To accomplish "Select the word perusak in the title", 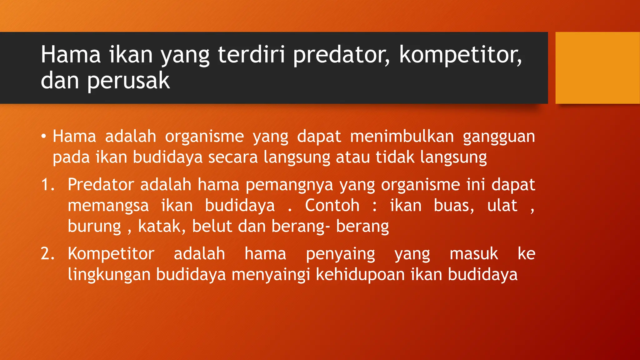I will coord(128,81).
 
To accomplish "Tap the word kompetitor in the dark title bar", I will coord(460,55).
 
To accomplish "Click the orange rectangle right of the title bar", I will coord(597,68).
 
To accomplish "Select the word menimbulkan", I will coord(402,137).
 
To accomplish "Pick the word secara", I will coord(233,157).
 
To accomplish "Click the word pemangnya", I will coord(289,185).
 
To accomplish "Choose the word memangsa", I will coord(108,206).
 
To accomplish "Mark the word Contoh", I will coord(332,206).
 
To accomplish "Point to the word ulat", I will coord(502,206).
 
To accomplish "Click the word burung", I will coord(94,227).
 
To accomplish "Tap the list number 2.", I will coord(47,253).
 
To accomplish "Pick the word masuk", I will coord(474,253).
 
